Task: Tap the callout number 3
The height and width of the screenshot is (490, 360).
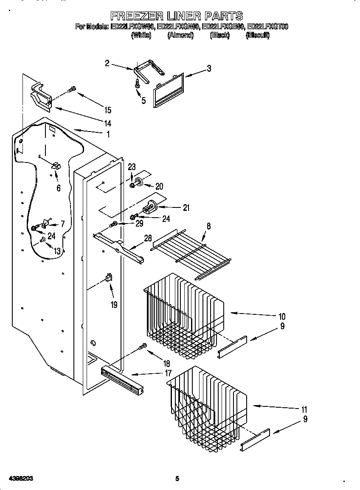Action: point(209,68)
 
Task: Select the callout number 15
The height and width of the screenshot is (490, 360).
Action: point(108,110)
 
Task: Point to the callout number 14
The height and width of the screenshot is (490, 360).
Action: point(107,123)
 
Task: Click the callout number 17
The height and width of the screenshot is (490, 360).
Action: point(168,373)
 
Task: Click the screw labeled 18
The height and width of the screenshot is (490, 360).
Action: point(143,347)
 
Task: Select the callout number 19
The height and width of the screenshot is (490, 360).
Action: point(114,305)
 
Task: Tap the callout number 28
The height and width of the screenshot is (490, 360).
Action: point(147,238)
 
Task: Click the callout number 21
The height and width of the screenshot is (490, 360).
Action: point(186,208)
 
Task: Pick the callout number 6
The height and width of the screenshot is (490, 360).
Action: point(58,188)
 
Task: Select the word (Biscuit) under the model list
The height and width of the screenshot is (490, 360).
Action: point(257,36)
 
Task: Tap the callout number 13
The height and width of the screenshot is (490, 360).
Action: point(57,251)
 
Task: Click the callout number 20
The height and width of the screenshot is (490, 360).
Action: point(159,186)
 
